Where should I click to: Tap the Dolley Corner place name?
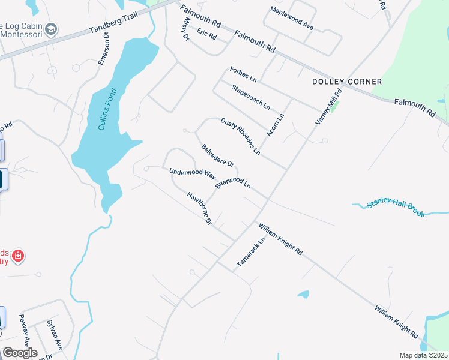[x=347, y=82]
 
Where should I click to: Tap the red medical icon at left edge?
[x=18, y=256]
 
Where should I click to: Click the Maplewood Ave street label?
[x=292, y=19]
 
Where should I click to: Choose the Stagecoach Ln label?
[x=251, y=97]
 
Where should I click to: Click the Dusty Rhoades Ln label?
[x=240, y=136]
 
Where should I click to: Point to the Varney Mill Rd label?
[x=329, y=107]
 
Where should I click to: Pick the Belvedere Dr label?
[x=217, y=155]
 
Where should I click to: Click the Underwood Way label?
[x=192, y=173]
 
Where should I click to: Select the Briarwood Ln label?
[x=232, y=182]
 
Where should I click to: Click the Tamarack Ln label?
[x=250, y=252]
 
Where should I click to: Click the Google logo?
[x=20, y=353]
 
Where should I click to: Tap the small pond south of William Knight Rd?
[x=303, y=295]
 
